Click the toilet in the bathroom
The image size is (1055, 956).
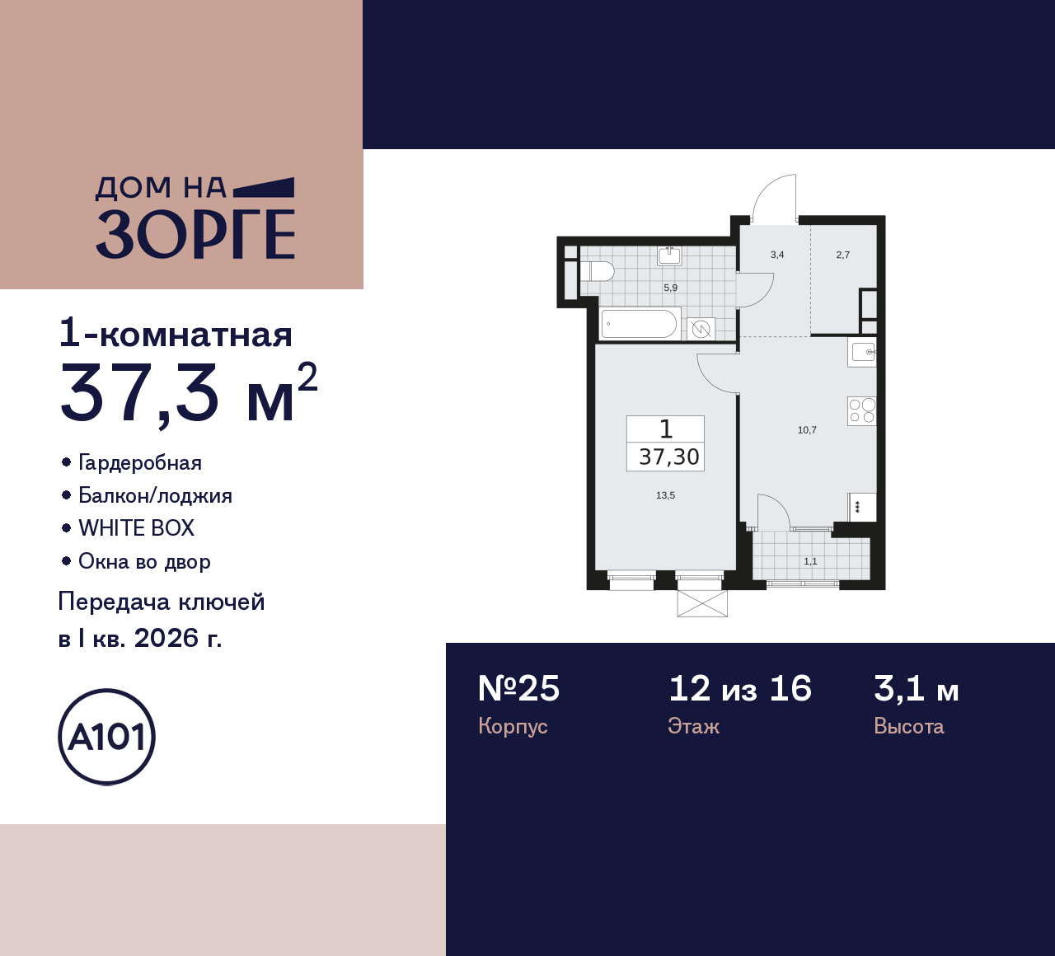(598, 271)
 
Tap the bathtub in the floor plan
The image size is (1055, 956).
(639, 324)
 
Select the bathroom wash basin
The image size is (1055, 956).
(669, 255)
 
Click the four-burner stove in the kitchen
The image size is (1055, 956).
(861, 410)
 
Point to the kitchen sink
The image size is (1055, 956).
(862, 353)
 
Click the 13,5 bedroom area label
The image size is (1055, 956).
(665, 495)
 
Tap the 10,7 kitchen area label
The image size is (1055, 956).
(807, 430)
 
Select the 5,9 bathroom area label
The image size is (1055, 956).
(670, 288)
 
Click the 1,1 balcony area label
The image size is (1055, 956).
(810, 561)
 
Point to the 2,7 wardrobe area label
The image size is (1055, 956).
(842, 255)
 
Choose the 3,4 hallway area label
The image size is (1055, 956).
(777, 255)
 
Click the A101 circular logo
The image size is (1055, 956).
(107, 737)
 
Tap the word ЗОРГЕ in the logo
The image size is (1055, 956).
(195, 234)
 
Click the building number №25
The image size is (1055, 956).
(518, 689)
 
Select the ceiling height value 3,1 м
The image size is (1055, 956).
(916, 689)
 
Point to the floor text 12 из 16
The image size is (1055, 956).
(739, 689)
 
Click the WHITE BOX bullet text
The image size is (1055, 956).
(136, 528)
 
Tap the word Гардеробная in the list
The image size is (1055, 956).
(139, 463)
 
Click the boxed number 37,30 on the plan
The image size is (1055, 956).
(668, 457)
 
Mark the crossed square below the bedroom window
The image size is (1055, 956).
(702, 603)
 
